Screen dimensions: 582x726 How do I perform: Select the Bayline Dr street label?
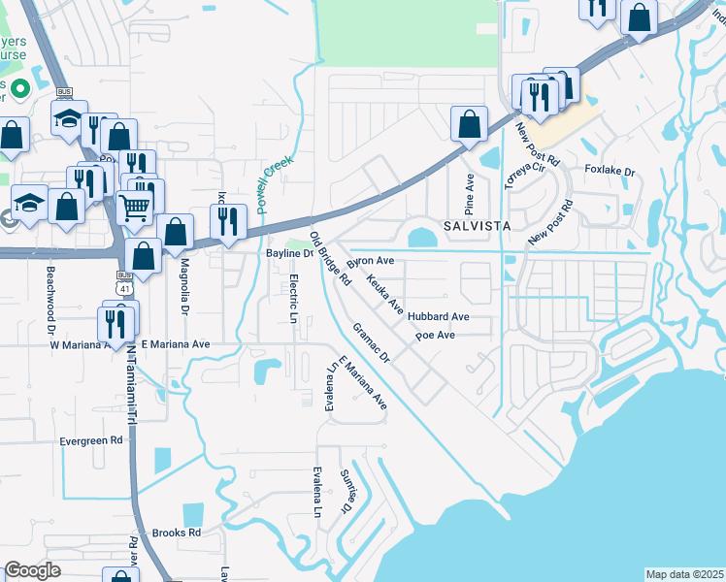(288, 253)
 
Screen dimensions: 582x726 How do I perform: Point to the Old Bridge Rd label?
(329, 258)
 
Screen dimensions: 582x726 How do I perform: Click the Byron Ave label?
(371, 261)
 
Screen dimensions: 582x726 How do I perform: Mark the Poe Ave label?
(435, 336)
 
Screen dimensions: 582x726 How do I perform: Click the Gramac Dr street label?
(371, 343)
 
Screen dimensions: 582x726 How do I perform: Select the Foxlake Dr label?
(609, 171)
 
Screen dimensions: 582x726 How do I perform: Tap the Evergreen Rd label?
(91, 439)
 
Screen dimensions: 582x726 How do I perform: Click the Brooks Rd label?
(176, 533)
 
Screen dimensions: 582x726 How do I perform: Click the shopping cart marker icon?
(135, 205)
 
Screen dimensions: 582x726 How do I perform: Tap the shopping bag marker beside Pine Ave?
(469, 123)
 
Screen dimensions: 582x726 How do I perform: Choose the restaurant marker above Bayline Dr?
(228, 221)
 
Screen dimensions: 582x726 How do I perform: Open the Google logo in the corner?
(32, 570)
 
